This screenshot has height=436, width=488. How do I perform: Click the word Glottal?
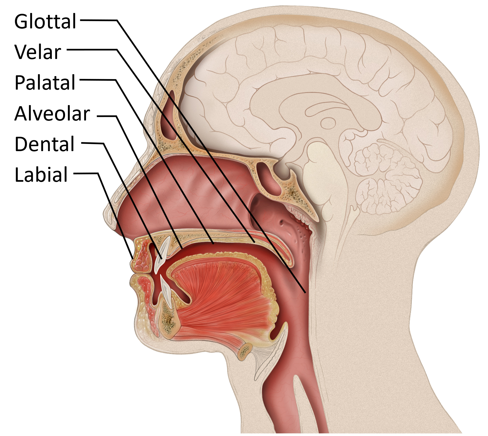(45, 22)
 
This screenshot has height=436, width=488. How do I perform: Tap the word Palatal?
(45, 82)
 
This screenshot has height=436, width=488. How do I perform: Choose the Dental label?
(44, 144)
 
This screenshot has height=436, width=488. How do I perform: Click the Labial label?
(41, 175)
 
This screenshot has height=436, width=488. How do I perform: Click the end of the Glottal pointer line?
(305, 292)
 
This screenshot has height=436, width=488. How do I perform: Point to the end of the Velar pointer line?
(254, 242)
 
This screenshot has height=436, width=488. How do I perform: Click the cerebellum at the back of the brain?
(386, 176)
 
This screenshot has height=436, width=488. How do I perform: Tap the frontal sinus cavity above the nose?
(169, 116)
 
